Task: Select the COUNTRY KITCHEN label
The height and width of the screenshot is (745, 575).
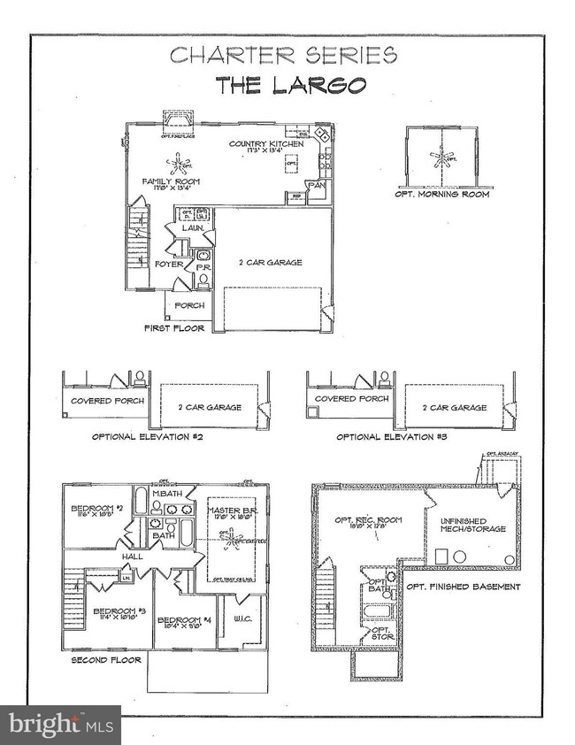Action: pyautogui.click(x=266, y=143)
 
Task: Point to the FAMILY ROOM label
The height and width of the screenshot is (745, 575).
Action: pyautogui.click(x=171, y=181)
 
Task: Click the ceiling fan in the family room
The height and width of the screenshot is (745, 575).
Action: pyautogui.click(x=182, y=164)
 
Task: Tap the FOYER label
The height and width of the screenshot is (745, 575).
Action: pyautogui.click(x=168, y=264)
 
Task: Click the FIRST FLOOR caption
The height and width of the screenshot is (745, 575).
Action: pyautogui.click(x=174, y=328)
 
